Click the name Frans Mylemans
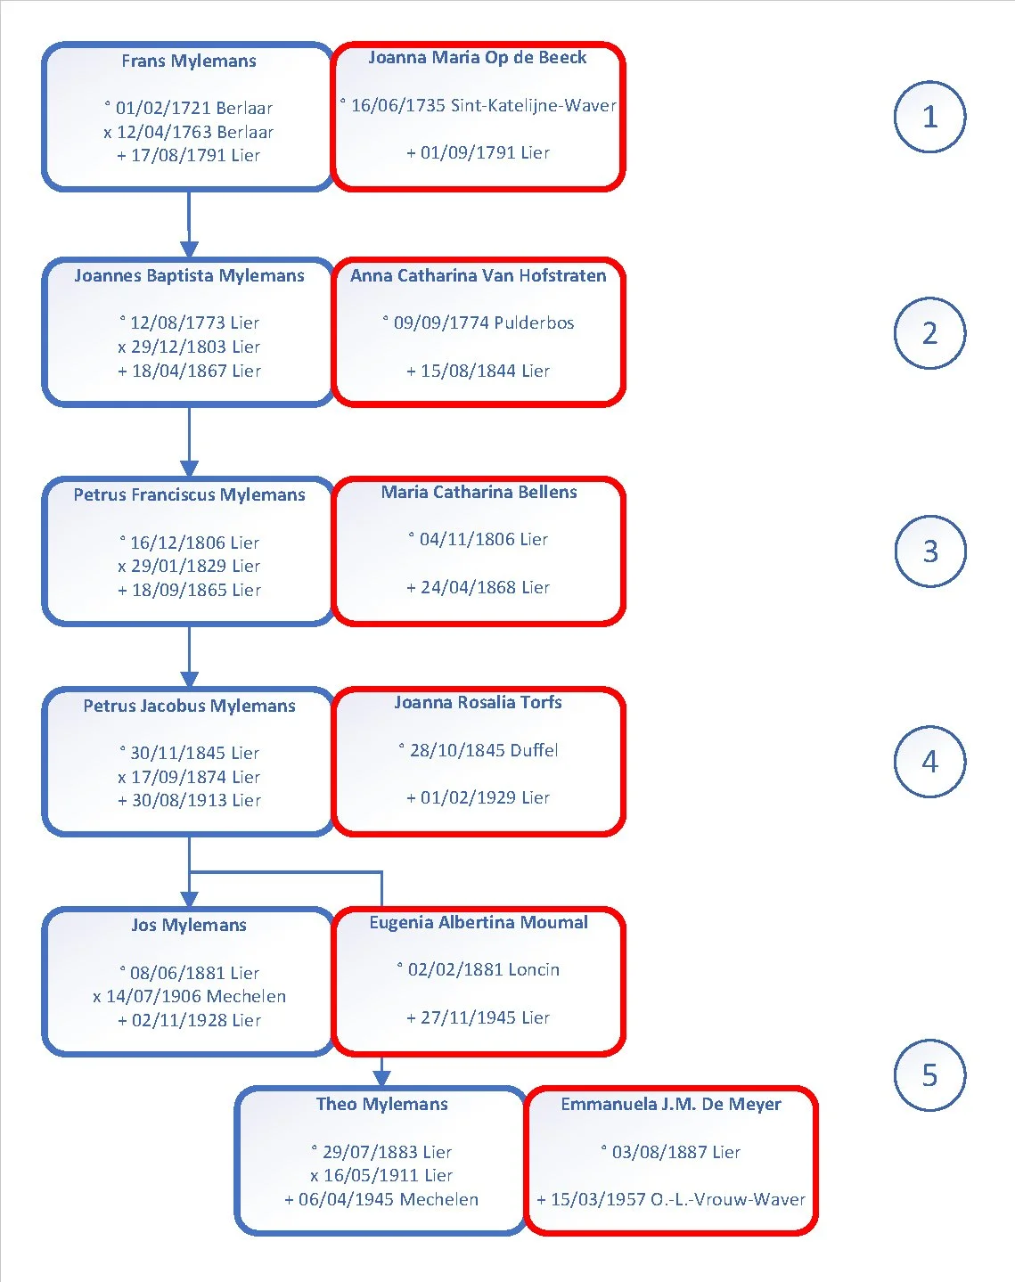tap(189, 61)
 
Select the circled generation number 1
tap(929, 117)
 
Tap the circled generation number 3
tap(930, 551)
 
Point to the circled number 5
tap(929, 1075)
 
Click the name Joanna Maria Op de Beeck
tap(478, 57)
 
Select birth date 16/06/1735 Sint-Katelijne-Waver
tap(478, 105)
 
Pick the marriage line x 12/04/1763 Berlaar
tap(188, 132)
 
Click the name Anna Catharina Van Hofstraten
tap(478, 275)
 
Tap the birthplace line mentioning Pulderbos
tap(478, 323)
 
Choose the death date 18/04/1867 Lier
tap(189, 371)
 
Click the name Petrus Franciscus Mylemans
tap(189, 494)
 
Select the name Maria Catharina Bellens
tap(479, 492)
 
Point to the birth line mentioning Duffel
tap(478, 750)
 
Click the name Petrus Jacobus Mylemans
tap(189, 706)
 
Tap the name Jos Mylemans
tap(189, 925)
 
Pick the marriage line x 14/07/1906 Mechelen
tap(189, 996)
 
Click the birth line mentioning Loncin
tap(478, 969)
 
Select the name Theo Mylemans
tap(382, 1104)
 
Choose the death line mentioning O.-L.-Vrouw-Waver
tap(671, 1199)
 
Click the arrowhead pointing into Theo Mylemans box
tap(381, 1078)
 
